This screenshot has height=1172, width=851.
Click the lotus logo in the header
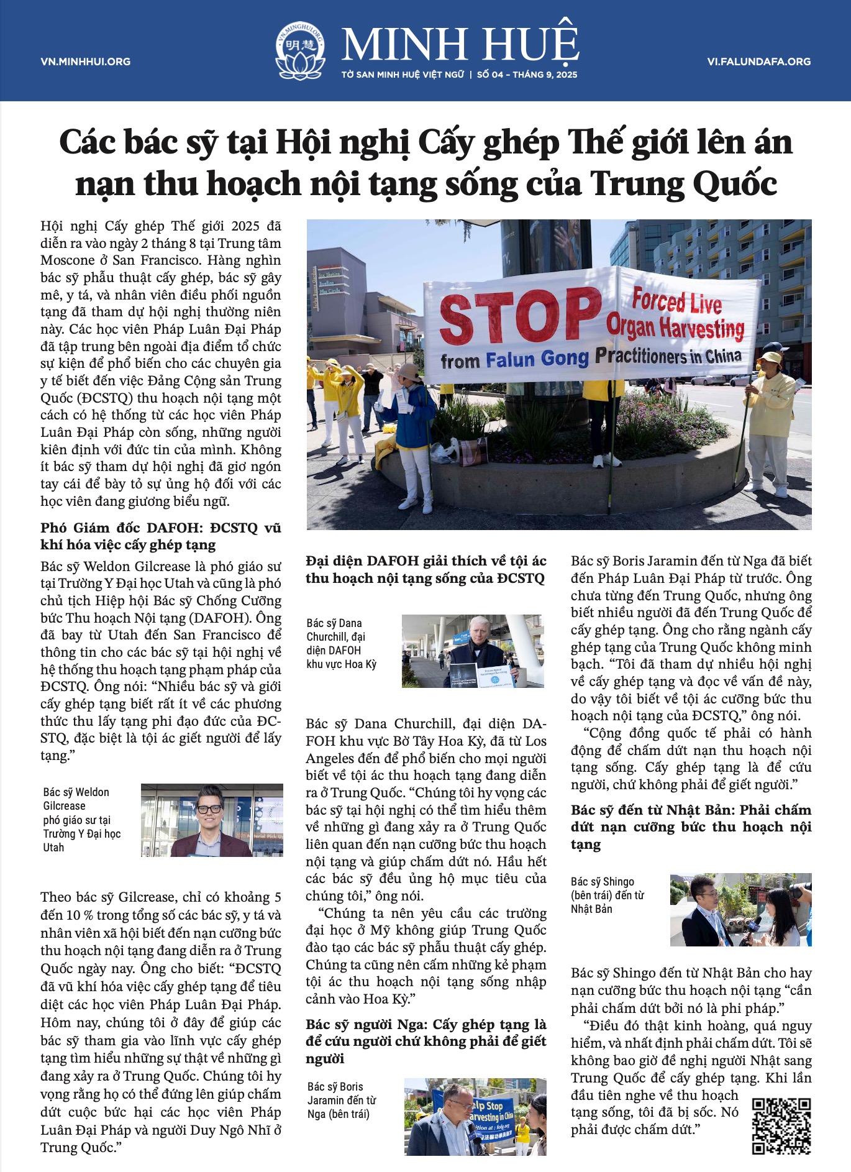click(301, 51)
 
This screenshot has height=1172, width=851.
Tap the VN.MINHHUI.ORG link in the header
click(86, 62)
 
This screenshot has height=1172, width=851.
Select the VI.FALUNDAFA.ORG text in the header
click(758, 62)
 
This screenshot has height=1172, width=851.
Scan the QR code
click(781, 1125)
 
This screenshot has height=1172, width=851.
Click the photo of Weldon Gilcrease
click(212, 820)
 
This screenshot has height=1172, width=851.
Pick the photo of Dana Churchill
click(473, 651)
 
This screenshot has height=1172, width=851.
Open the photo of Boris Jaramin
click(475, 1117)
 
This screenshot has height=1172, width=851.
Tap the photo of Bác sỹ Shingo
click(740, 910)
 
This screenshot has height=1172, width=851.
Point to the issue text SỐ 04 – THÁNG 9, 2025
click(527, 75)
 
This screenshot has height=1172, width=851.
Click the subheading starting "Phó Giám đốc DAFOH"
click(161, 536)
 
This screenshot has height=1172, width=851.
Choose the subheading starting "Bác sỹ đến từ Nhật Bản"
click(691, 826)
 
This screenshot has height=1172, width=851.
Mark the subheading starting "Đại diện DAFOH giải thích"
click(425, 569)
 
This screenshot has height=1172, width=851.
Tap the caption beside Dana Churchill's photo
click(342, 643)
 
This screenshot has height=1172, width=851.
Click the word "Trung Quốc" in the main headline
click(683, 184)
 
